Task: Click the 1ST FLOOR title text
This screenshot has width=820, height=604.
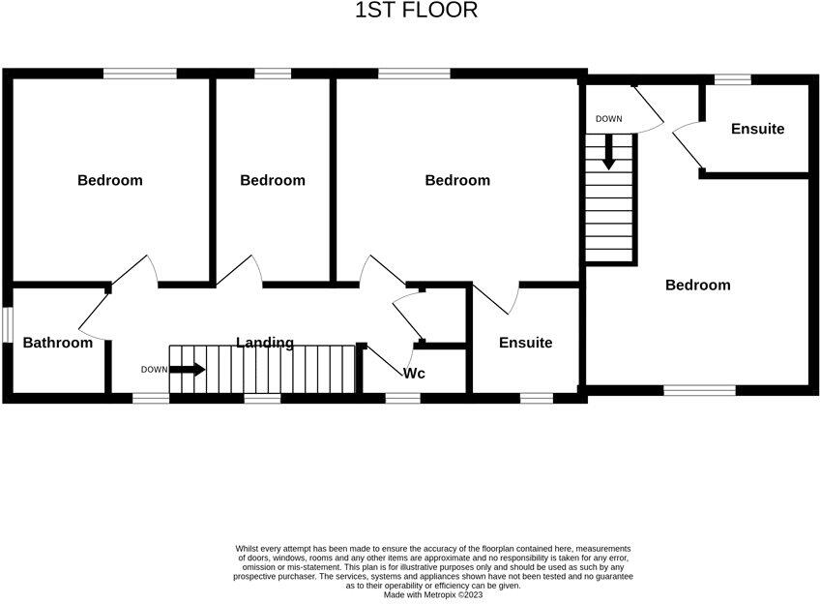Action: pos(417,11)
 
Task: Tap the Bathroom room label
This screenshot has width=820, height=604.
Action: pos(58,343)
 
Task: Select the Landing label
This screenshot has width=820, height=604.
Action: pos(266,343)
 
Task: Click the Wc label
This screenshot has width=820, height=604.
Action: pos(415,373)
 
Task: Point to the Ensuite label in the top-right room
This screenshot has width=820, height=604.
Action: pos(757,129)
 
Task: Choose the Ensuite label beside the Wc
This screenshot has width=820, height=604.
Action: pos(526,343)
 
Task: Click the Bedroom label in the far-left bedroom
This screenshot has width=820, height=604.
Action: pos(110,180)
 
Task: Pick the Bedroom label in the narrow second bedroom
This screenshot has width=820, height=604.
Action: pos(273,180)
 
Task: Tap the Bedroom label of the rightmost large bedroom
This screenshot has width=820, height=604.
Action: pos(698,285)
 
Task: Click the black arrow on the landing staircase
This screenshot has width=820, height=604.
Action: pos(190,369)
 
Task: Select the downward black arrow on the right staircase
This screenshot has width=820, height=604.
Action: pos(608,153)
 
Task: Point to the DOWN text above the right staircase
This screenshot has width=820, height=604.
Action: pos(609,119)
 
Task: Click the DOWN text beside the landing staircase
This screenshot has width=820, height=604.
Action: pos(154,369)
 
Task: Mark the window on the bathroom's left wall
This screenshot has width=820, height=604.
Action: pos(5,324)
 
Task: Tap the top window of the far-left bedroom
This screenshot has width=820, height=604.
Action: pos(140,73)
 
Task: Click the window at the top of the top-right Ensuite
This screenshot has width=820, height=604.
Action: pos(733,78)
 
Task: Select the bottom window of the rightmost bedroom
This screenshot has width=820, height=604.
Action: pos(699,390)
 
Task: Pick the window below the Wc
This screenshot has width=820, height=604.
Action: pos(402,397)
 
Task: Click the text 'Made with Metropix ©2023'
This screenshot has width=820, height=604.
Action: pos(432,593)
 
